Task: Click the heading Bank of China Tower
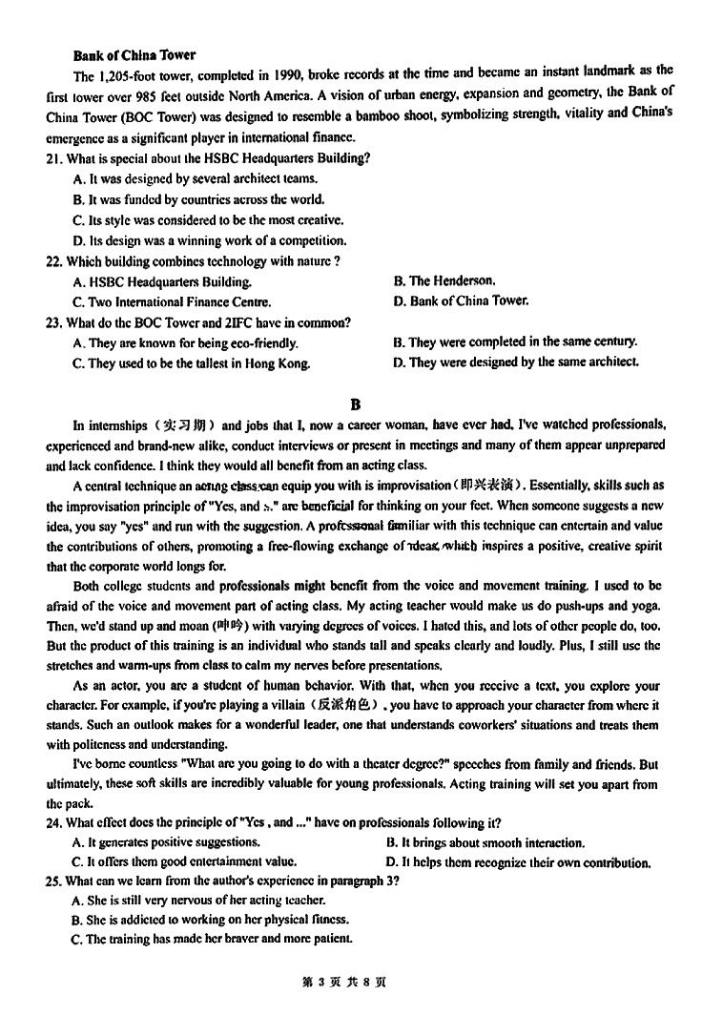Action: (x=134, y=55)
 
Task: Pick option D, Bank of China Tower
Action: (x=460, y=301)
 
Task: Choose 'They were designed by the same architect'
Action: (x=515, y=363)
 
